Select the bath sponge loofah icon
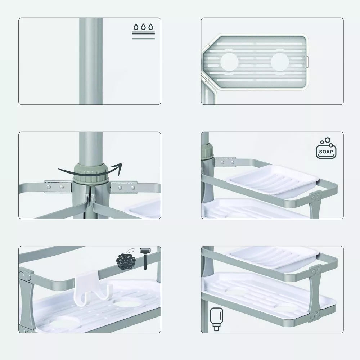coord(126,259)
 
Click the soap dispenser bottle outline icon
coord(216,319)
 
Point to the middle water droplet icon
coord(143,27)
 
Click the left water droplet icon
coord(136,27)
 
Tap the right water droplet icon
coord(150,27)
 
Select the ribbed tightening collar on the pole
coord(90,174)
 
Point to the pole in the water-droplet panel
coord(91,61)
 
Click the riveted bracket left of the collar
coord(58,187)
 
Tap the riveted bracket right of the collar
coord(123,187)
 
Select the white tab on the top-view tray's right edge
coord(307,62)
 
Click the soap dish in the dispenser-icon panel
coord(273,257)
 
